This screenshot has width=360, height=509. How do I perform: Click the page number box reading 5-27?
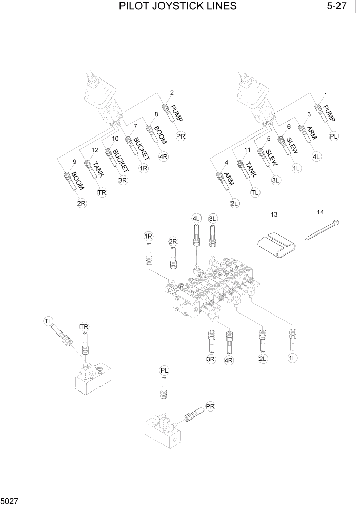coord(336,7)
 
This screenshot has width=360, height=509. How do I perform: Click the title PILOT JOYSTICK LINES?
coord(177,6)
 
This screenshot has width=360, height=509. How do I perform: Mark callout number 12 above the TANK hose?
coord(95,150)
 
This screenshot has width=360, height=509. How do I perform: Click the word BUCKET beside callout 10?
coord(121,161)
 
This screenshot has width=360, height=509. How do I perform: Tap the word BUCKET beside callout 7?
coord(141,148)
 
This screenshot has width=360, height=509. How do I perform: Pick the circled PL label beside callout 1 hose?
coord(334,136)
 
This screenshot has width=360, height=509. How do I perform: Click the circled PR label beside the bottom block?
coord(210,406)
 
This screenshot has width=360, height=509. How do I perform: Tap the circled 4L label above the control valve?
coord(196,219)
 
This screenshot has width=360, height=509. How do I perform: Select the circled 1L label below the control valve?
coord(293,359)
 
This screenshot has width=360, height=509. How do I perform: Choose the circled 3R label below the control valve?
coord(210,359)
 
